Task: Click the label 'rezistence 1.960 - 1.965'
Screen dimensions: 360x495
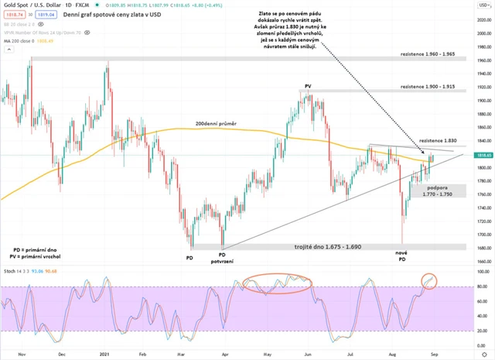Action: point(433,56)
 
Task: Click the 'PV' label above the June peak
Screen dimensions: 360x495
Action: point(308,86)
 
